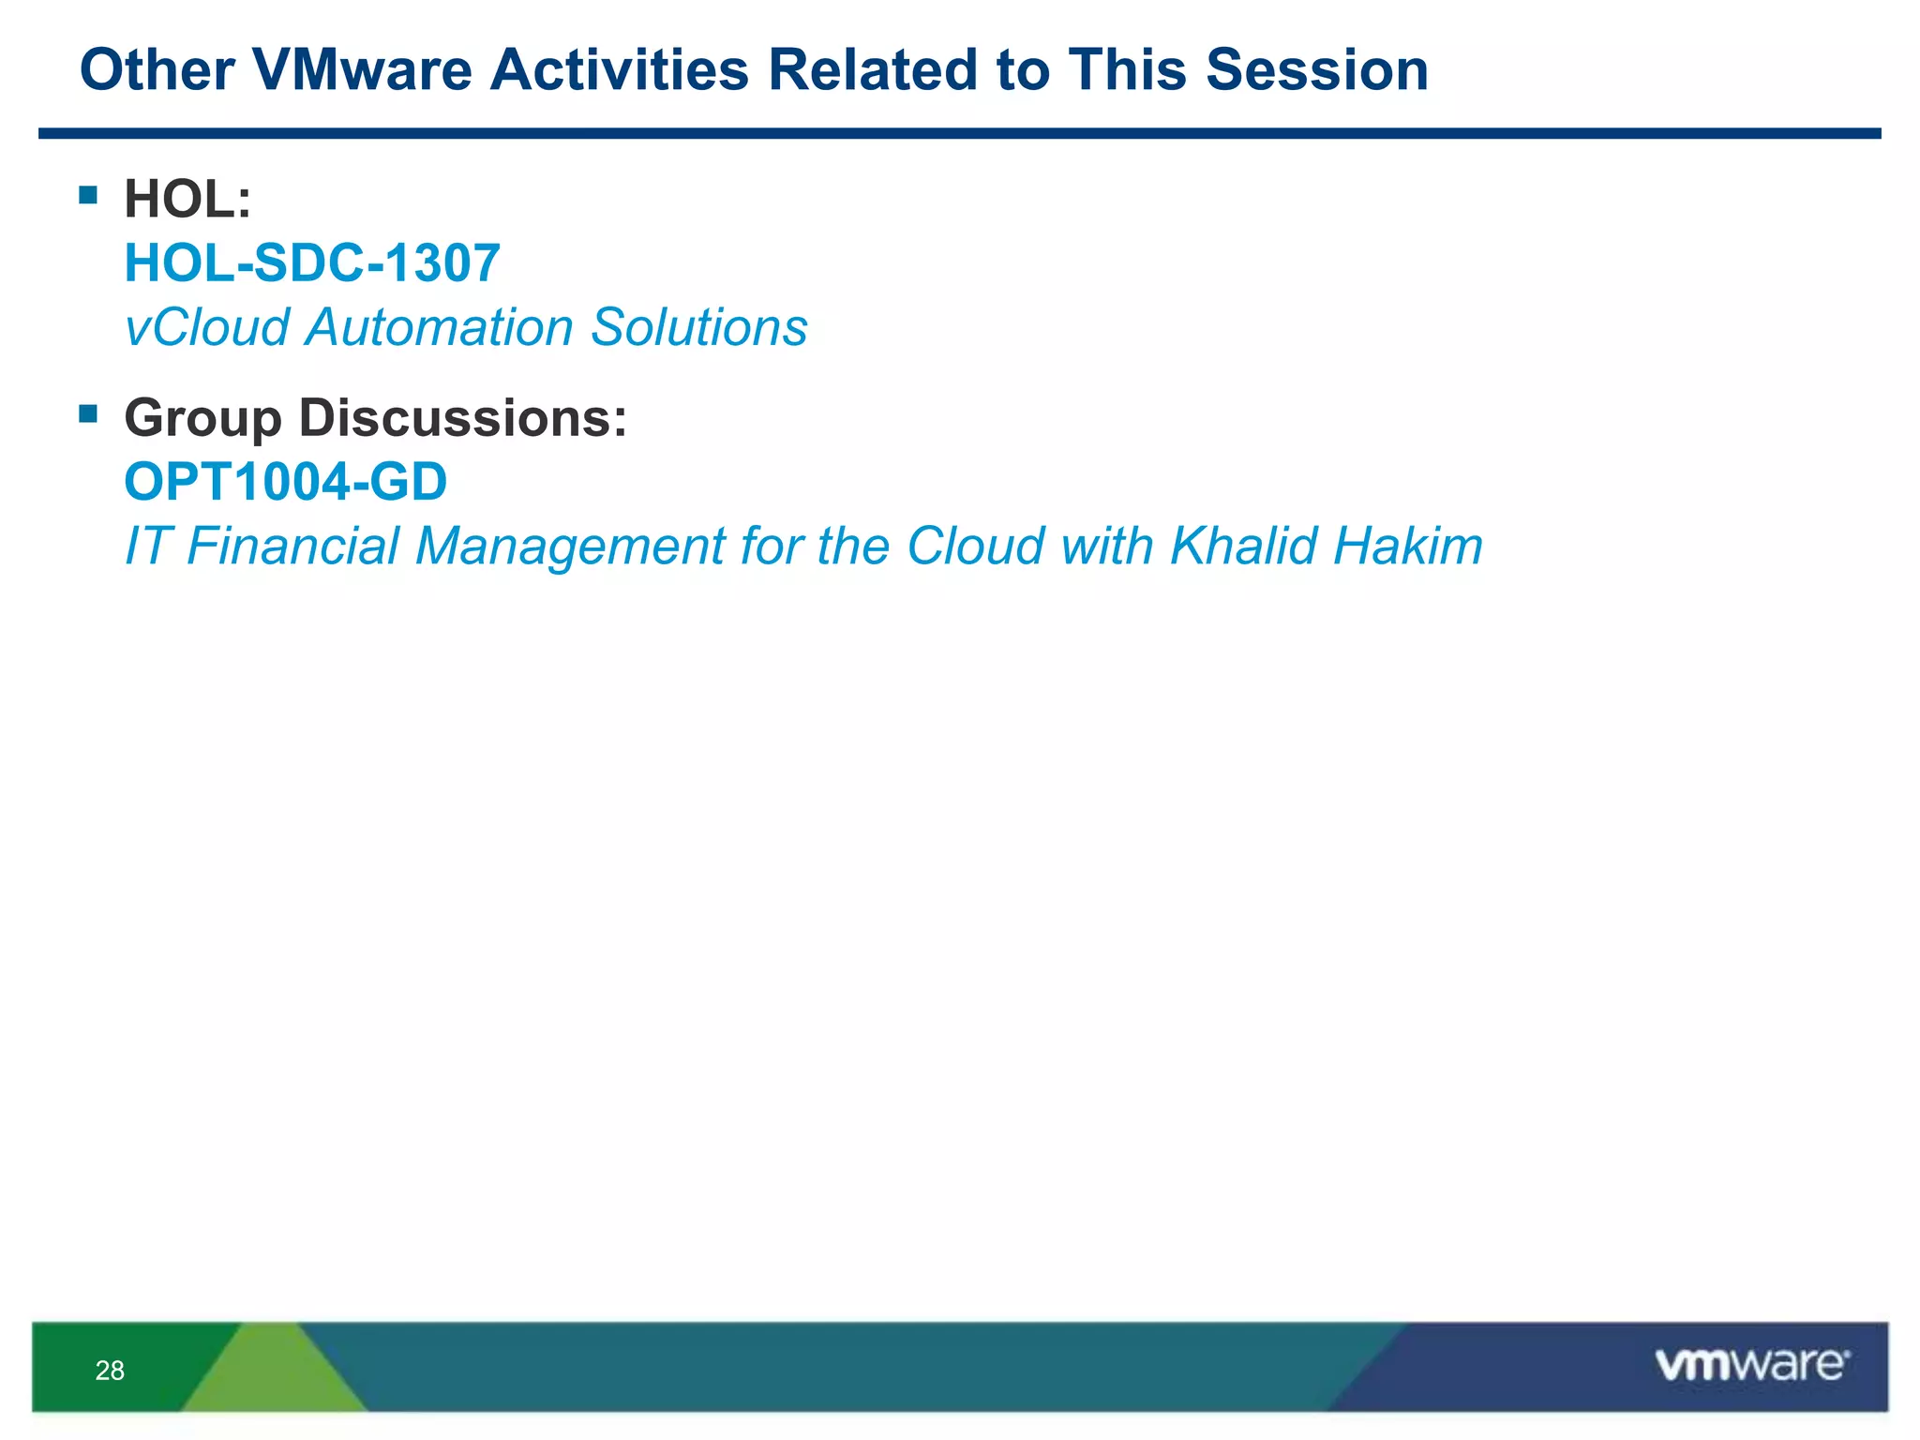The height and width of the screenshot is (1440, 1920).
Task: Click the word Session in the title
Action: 1316,70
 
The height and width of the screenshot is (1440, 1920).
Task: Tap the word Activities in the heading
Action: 619,70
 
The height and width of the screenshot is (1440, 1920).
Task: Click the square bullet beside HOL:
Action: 88,195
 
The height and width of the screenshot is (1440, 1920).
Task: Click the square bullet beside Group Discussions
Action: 88,413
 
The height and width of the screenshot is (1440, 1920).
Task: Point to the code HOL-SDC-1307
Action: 312,263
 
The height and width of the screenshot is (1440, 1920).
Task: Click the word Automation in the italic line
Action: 439,327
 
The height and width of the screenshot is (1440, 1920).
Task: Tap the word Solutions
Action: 698,327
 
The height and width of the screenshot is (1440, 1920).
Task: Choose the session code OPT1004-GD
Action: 286,482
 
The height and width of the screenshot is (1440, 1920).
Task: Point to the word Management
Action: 569,546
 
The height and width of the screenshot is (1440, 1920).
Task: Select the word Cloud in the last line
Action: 975,546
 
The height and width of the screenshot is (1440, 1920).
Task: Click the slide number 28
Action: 110,1371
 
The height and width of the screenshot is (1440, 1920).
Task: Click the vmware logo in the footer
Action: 1751,1365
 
